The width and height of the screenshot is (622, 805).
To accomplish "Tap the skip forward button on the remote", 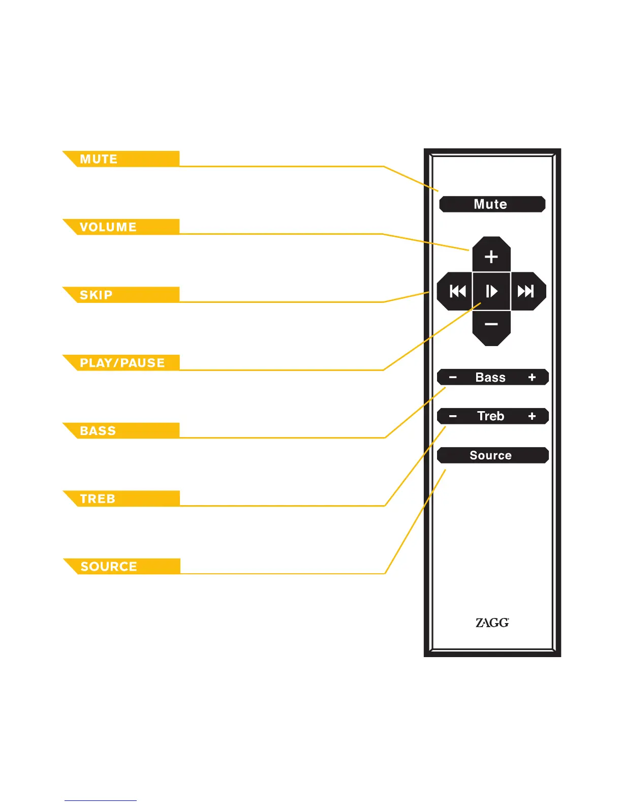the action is (526, 291).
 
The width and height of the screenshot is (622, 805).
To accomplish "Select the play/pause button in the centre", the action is (491, 291).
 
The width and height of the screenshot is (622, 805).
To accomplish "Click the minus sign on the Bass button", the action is (453, 377).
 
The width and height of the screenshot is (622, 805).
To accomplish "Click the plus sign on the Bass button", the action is (532, 377).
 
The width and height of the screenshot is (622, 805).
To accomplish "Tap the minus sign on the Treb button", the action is (453, 416).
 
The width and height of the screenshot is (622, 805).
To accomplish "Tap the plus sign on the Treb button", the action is (532, 416).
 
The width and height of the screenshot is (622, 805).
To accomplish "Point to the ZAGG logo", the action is (492, 623).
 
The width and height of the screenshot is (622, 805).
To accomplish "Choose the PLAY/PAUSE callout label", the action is (122, 363).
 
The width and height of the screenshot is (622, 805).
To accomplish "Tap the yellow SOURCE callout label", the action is (122, 566).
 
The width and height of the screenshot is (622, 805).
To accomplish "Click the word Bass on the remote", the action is (490, 377).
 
